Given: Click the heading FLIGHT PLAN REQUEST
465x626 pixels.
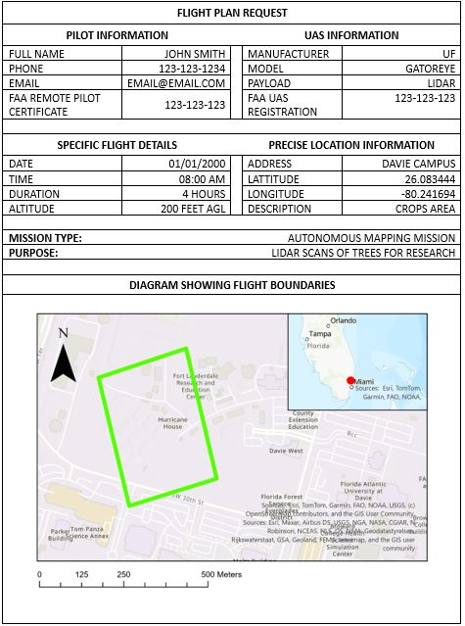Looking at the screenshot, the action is coord(232,13).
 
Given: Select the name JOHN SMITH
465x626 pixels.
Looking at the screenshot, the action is coord(195,54).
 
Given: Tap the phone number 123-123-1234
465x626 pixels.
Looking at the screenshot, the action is coord(192,69).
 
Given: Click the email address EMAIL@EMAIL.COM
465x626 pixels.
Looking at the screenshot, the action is coord(183,83).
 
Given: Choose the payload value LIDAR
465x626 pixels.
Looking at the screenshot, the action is coord(440,83).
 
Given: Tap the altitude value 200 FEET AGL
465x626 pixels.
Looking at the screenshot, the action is coord(193,209).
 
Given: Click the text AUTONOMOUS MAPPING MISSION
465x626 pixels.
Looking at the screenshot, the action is coord(371,238).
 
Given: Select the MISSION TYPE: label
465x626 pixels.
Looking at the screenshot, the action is coord(45,238).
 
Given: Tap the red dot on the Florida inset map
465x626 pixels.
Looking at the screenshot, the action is coord(350,380).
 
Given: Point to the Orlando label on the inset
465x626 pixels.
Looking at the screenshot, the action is coord(343,320).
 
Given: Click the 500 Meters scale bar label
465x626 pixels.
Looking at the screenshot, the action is coord(222,574).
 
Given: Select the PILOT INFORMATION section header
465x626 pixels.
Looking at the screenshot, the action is coord(117,35).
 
